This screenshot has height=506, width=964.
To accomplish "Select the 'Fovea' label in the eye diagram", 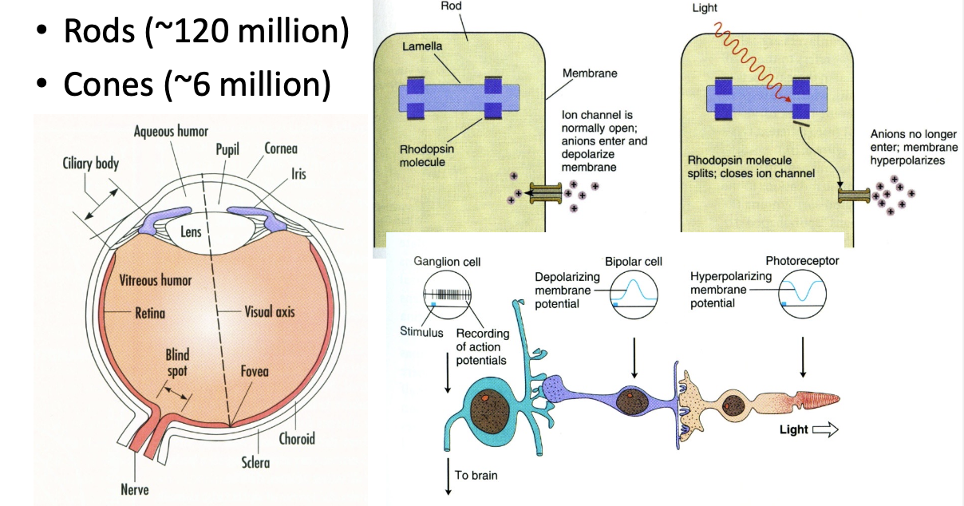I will point(254,372).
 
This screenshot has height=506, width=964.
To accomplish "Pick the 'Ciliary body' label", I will point(90,164).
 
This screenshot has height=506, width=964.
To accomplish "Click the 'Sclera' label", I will point(255,462).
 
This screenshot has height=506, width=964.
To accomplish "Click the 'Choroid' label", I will point(297,438).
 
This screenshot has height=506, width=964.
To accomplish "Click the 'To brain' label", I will point(477,476).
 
